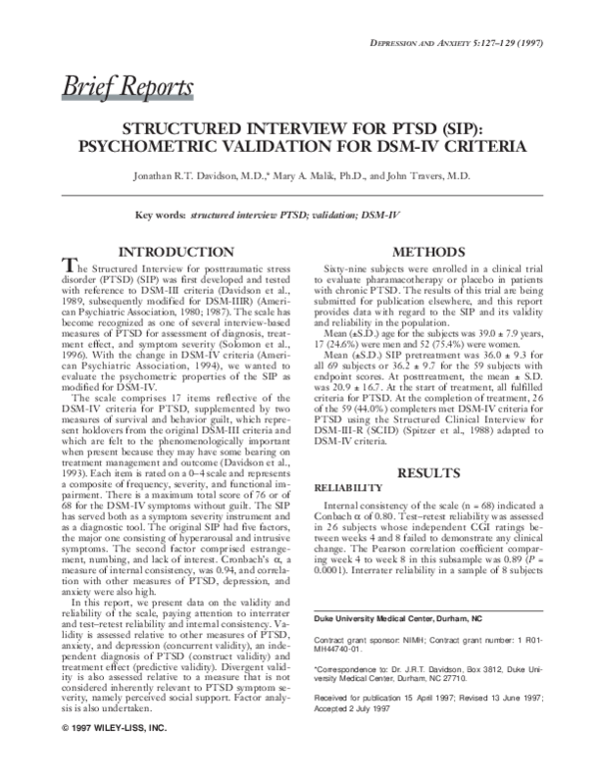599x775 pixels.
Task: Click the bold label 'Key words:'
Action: click(160, 214)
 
